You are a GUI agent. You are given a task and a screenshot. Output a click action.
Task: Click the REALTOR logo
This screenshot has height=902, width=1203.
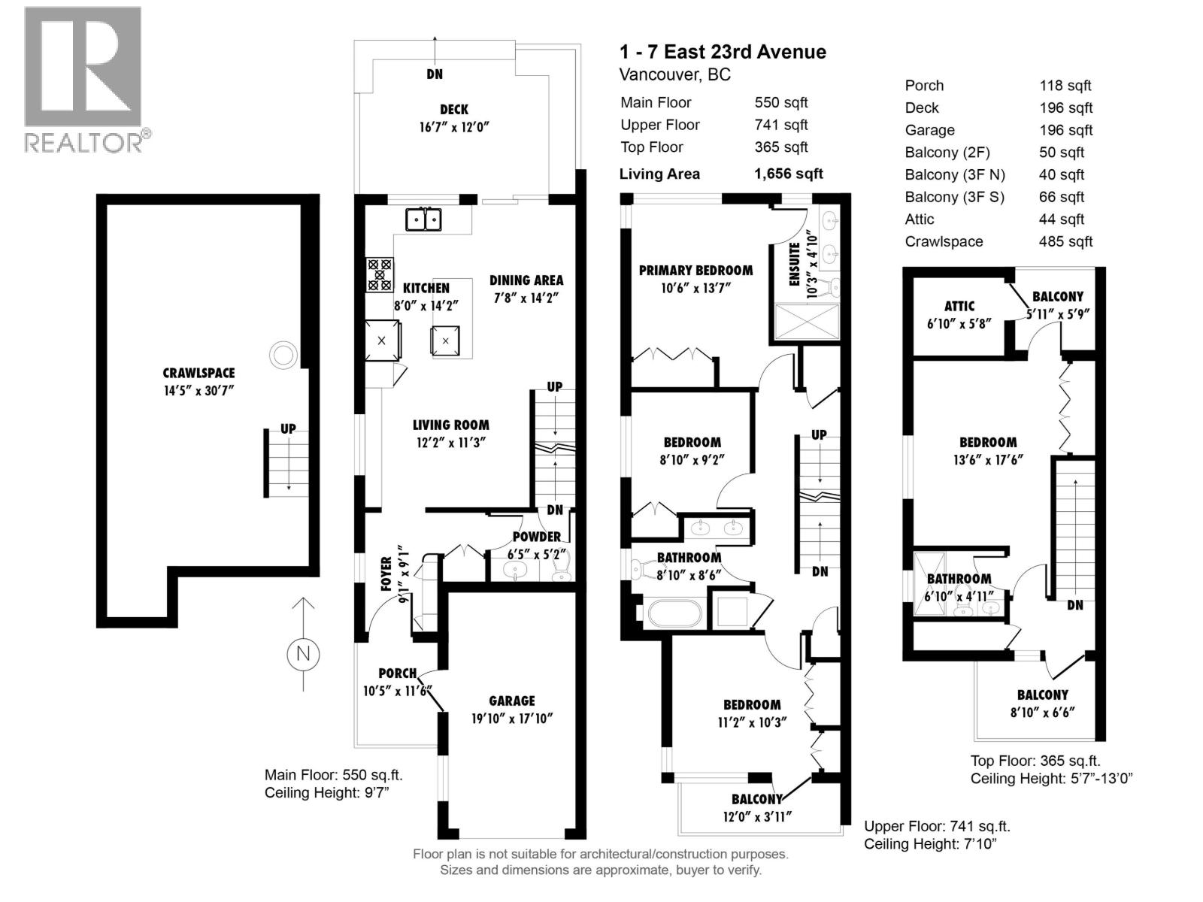[x=83, y=80]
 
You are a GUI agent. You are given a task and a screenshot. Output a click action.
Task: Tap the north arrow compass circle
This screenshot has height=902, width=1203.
[x=303, y=653]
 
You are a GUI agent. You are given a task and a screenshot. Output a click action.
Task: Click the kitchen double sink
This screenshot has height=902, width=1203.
[x=423, y=219]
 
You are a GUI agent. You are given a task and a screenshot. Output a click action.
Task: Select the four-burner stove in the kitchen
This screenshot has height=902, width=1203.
[x=380, y=274]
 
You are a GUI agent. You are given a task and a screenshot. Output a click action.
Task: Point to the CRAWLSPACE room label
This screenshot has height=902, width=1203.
[x=198, y=373]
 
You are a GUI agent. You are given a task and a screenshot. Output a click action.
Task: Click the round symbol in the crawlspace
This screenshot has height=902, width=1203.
[x=283, y=354]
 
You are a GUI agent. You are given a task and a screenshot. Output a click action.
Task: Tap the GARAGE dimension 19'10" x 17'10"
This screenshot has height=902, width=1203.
[x=511, y=719]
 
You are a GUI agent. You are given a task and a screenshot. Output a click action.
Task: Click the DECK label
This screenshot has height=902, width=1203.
[x=454, y=110]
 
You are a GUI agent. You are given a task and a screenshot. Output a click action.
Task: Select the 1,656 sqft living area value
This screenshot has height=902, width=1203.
[x=788, y=174]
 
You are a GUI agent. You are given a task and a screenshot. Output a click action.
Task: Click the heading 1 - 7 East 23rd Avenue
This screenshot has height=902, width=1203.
[x=723, y=52]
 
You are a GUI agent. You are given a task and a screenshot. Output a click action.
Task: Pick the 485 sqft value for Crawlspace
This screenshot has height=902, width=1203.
[x=1065, y=241]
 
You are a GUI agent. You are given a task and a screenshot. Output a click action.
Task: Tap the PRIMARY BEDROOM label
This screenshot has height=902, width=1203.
[x=695, y=271]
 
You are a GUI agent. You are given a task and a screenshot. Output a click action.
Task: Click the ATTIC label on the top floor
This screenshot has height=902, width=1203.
[x=959, y=306]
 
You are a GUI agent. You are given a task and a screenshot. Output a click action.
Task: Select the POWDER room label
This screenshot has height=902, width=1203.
[x=537, y=537]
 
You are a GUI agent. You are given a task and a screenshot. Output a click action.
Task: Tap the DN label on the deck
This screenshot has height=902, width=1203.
[x=435, y=74]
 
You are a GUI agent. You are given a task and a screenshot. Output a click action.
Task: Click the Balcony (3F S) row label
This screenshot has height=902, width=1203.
[x=954, y=197]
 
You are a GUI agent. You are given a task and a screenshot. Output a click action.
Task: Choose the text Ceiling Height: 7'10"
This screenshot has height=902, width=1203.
[x=930, y=844]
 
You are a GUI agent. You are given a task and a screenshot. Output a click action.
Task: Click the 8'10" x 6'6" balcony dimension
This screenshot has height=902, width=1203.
[x=1042, y=713]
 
